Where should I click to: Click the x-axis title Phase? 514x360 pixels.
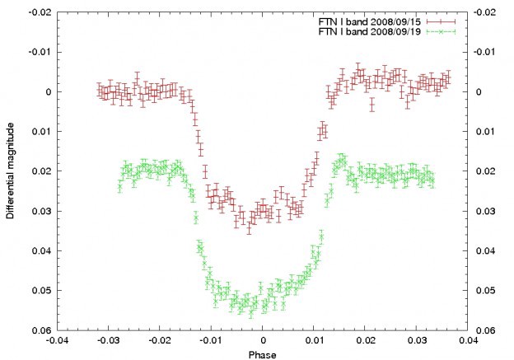263,355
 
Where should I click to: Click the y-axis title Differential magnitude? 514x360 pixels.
10,171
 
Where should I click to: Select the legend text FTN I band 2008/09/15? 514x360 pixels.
375,20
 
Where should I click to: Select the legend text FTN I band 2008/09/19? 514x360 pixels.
375,30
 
